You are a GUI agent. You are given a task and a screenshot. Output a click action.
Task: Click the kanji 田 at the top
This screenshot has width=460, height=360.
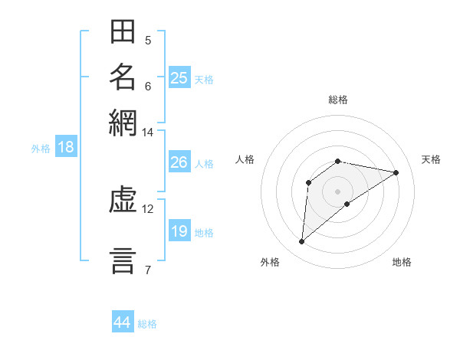tap(123, 34)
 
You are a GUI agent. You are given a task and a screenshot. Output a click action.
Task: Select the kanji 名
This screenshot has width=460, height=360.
tap(123, 77)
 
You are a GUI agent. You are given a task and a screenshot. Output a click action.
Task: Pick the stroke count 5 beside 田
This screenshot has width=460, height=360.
tap(148, 41)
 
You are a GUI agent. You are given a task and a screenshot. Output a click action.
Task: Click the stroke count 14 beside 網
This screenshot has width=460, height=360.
tap(147, 133)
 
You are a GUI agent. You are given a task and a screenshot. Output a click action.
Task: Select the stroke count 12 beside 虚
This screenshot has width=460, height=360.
tap(147, 208)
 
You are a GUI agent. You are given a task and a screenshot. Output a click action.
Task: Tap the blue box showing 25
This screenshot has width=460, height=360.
tap(179, 78)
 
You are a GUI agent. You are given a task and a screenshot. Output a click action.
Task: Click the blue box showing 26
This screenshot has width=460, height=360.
tap(179, 162)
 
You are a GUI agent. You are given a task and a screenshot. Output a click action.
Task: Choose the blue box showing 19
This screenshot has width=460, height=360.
tap(179, 231)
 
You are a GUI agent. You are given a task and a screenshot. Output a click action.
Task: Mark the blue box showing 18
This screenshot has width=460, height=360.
tap(65, 148)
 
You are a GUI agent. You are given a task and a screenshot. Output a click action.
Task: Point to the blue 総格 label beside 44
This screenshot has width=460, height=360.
tap(147, 324)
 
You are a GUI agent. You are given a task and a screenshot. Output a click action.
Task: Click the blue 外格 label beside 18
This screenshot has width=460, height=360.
tap(40, 149)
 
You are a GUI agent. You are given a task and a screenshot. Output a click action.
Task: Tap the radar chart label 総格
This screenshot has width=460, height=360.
tap(337, 100)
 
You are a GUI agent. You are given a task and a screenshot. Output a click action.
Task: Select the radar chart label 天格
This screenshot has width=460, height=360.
tap(432, 159)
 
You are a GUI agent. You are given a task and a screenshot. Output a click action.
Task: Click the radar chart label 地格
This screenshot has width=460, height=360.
tap(402, 263)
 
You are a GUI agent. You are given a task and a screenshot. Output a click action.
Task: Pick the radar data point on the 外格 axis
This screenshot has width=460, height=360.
tap(302, 242)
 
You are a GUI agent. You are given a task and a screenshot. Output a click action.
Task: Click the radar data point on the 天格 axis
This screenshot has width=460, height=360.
tap(396, 173)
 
